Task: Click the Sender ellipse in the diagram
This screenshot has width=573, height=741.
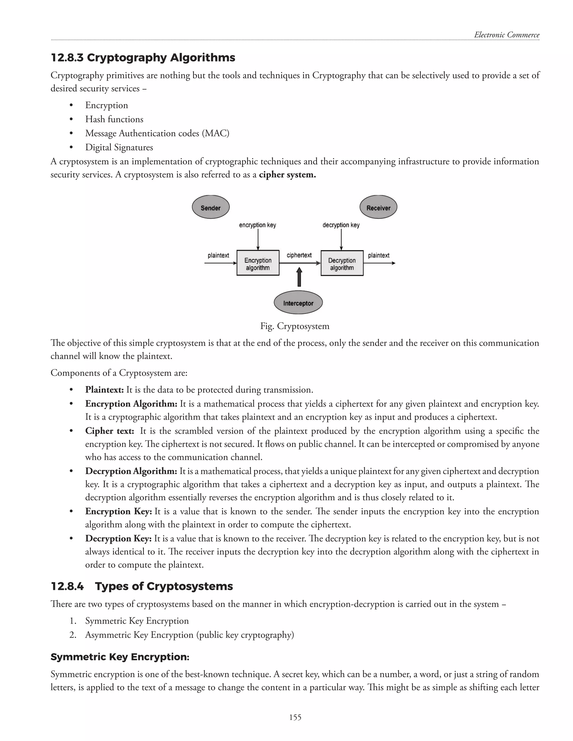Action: coord(210,207)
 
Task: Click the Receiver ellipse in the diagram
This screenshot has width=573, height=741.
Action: coord(378,207)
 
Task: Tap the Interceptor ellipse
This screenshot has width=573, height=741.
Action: coord(298,303)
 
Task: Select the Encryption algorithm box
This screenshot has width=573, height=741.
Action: coord(258,263)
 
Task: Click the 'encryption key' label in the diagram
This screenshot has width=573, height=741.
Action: coord(257,225)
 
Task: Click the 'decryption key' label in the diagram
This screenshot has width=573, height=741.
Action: coord(341,225)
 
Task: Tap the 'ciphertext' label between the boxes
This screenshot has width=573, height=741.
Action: coord(299,255)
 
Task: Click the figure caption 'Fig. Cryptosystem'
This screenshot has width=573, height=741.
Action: coord(295,326)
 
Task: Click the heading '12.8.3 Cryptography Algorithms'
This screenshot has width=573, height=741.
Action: coord(143,58)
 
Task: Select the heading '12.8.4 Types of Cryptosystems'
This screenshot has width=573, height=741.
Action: coord(142,586)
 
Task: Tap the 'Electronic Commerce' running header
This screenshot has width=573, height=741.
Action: coord(506,35)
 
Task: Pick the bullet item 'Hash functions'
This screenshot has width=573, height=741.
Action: coord(114,119)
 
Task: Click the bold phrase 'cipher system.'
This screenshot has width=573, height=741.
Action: coord(287,175)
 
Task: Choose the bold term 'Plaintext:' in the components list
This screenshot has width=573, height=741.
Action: coord(105,390)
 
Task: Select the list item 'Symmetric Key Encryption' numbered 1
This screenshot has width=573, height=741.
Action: coord(137,621)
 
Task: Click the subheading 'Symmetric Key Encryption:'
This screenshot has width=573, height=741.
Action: coord(120,657)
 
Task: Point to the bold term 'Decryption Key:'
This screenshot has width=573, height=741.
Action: coord(118,539)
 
